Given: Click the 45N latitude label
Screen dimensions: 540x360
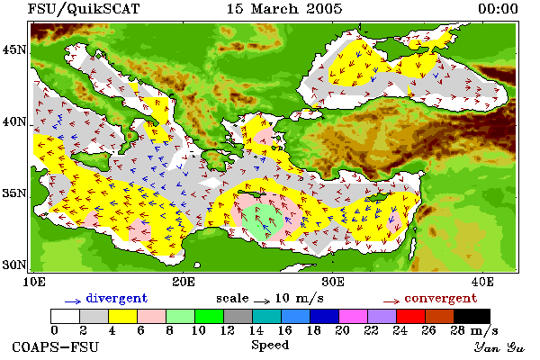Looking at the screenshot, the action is [14, 50].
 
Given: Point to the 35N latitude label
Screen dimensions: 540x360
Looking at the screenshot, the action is [14, 193].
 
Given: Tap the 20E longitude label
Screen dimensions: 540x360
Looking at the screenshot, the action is [184, 282].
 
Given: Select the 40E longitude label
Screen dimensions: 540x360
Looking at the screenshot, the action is [482, 282].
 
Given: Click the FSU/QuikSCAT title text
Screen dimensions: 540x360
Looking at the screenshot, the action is [84, 9].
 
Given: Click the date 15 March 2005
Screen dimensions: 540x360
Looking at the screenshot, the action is [284, 9].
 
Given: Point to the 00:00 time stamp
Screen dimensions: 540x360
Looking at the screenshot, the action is [498, 9].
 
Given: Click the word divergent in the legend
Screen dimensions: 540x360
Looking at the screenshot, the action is [117, 298].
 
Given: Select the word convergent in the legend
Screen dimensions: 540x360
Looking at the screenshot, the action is [441, 298].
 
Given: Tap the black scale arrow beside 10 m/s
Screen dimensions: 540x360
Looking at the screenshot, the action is [262, 301].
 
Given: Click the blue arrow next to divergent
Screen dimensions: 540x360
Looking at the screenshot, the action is [73, 301].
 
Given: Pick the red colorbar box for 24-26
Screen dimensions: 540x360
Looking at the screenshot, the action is [410, 316].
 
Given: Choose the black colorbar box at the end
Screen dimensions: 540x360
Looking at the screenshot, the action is [472, 316].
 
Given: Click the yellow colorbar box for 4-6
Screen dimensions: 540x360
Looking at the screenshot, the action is [122, 316].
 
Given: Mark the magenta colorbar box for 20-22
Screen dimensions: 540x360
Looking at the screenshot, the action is [353, 316].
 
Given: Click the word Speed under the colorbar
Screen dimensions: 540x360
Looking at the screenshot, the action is [270, 346].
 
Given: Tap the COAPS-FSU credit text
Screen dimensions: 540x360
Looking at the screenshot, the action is [56, 346].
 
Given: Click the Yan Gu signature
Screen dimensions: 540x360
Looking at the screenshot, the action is [499, 347].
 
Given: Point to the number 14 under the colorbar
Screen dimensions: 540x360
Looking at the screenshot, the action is [256, 330].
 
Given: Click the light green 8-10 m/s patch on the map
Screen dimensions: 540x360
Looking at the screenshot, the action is [263, 220].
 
